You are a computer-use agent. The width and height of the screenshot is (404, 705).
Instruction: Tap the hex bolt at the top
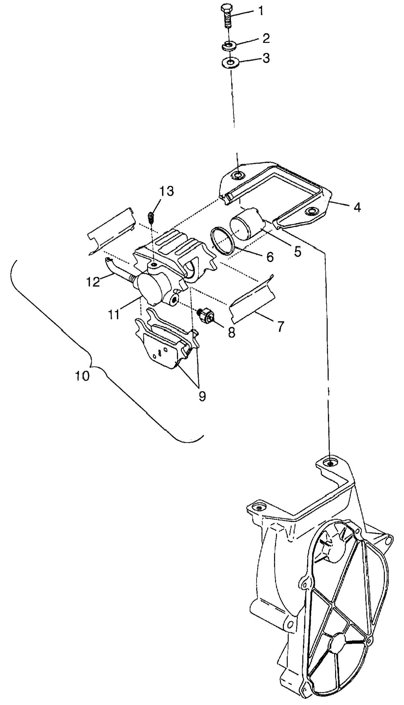coord(227,16)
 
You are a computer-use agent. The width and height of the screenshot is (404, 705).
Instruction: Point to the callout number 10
coord(82,376)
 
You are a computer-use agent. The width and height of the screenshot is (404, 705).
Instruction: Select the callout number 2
coord(266,38)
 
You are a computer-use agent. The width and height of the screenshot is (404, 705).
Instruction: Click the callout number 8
coord(231,332)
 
